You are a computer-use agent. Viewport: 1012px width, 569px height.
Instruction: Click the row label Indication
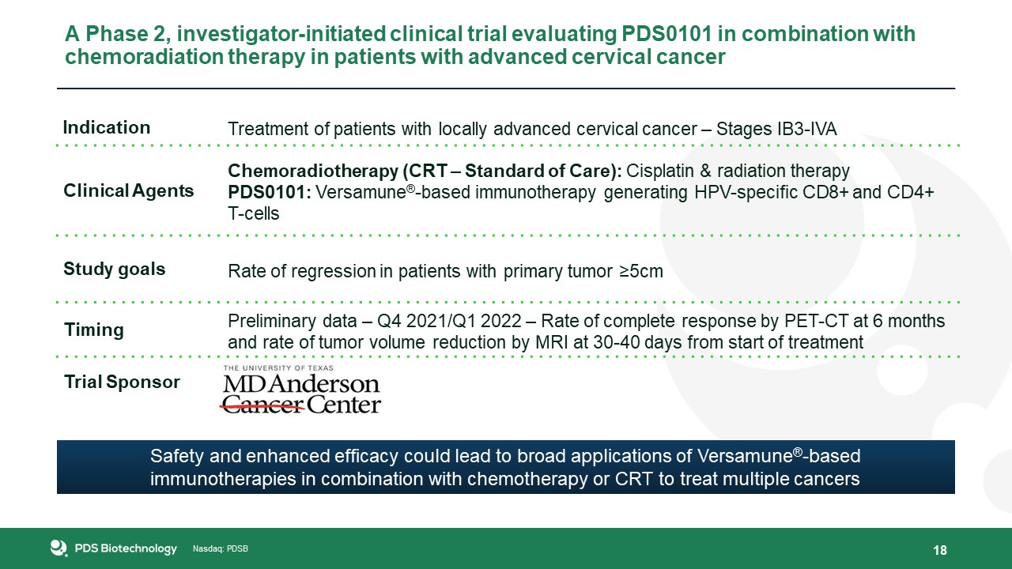click(107, 128)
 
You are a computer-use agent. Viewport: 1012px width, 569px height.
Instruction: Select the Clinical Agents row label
click(129, 191)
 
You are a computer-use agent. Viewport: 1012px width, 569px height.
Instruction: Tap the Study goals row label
click(115, 269)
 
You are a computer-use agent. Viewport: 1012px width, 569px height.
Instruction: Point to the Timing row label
click(94, 330)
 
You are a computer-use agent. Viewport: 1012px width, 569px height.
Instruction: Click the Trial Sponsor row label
click(122, 382)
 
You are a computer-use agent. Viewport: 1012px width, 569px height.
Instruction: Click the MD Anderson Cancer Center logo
click(301, 390)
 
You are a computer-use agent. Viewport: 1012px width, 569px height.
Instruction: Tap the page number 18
click(940, 550)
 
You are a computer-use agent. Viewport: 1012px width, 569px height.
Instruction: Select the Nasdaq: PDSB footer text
click(221, 549)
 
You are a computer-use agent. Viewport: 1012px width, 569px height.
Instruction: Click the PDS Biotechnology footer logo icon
click(59, 548)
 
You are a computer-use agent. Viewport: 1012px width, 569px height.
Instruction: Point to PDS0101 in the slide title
click(666, 34)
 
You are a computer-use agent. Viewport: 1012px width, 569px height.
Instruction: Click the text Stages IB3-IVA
click(776, 129)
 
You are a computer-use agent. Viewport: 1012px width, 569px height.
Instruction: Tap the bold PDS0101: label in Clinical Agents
click(270, 192)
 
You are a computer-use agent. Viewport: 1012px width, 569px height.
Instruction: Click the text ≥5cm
click(641, 271)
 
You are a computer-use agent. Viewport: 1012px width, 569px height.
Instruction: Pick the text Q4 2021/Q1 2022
click(449, 321)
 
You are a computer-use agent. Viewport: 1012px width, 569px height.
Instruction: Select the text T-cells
click(254, 213)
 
